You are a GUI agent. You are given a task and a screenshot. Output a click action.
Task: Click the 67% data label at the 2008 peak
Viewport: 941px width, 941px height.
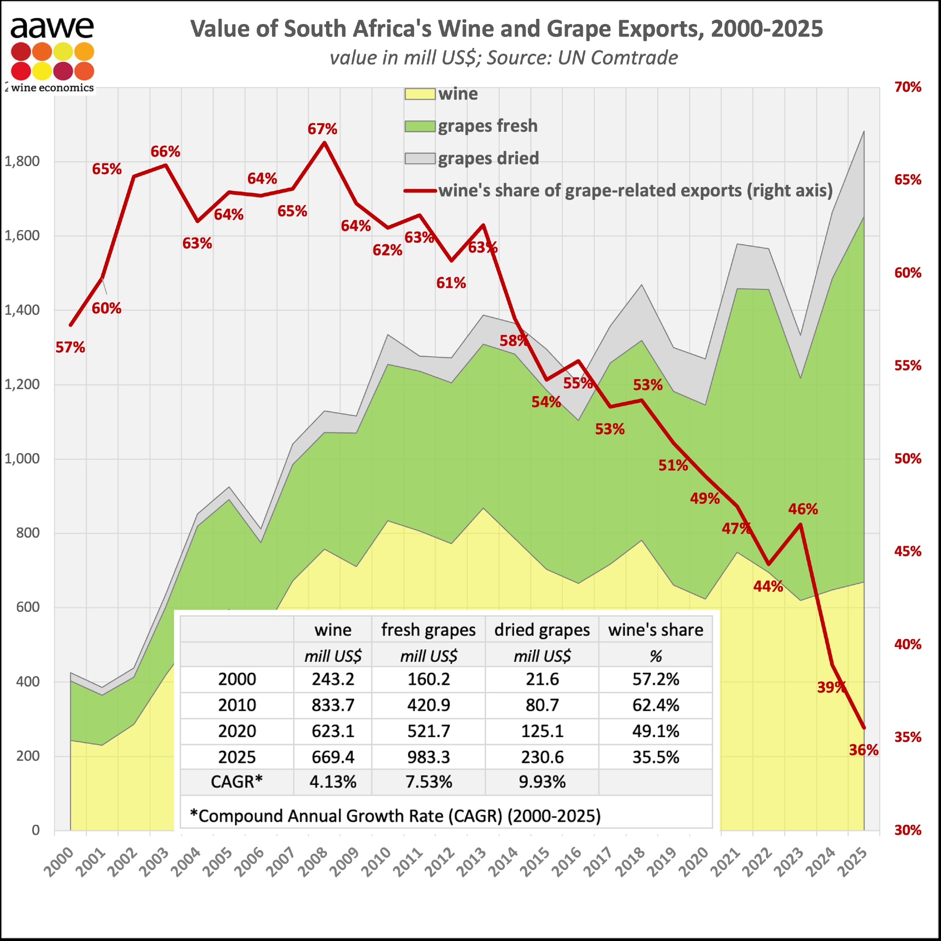pyautogui.click(x=322, y=129)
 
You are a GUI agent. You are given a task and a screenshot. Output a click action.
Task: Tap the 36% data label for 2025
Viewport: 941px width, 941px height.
pyautogui.click(x=863, y=750)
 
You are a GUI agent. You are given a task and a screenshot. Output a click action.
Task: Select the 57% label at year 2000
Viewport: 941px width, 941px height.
pyautogui.click(x=70, y=347)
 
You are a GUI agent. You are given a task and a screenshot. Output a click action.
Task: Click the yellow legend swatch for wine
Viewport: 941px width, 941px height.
pyautogui.click(x=419, y=94)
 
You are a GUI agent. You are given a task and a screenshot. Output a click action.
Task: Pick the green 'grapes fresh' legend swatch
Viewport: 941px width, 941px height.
pyautogui.click(x=419, y=127)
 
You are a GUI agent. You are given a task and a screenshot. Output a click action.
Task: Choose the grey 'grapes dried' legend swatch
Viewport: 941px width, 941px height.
pyautogui.click(x=419, y=159)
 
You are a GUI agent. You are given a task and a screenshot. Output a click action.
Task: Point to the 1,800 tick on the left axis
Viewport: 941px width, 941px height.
pyautogui.click(x=22, y=161)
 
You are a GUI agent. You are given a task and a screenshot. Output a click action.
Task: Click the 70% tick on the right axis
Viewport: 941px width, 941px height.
pyautogui.click(x=908, y=87)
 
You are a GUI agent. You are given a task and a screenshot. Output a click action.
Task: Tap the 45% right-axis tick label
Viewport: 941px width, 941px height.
pyautogui.click(x=908, y=551)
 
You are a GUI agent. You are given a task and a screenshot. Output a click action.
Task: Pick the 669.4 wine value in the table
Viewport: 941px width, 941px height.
pyautogui.click(x=333, y=758)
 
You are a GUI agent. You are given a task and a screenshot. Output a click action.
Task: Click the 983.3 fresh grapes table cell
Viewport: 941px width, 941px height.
pyautogui.click(x=429, y=758)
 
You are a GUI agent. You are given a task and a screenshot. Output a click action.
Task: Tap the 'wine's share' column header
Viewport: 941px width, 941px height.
pyautogui.click(x=655, y=630)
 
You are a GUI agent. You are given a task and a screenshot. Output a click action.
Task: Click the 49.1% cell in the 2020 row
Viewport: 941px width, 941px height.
pyautogui.click(x=655, y=731)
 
